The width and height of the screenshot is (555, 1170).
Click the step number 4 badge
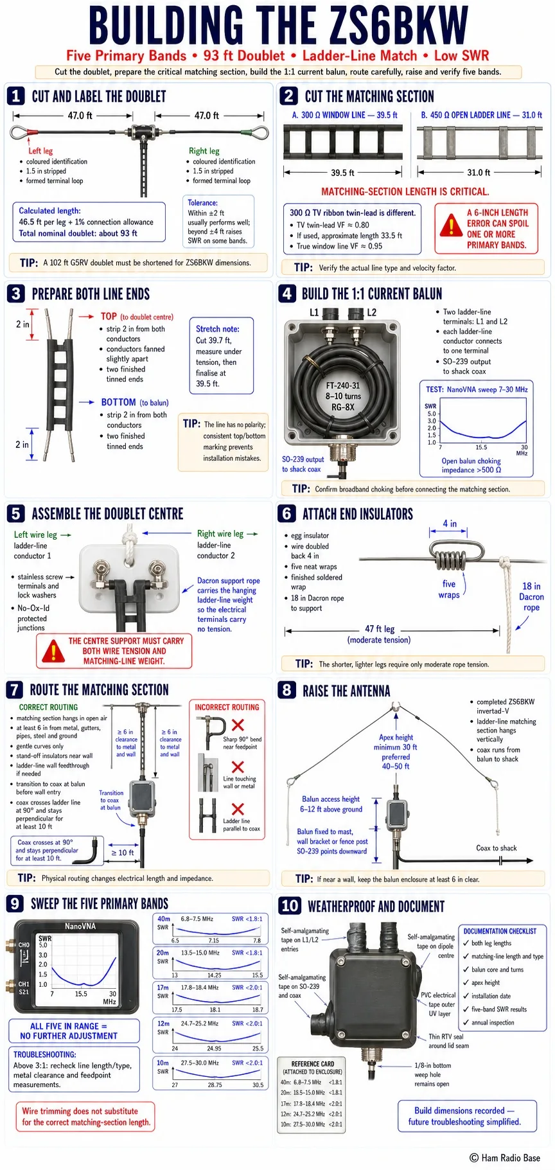pyautogui.click(x=287, y=294)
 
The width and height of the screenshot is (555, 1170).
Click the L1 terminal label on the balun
pyautogui.click(x=314, y=312)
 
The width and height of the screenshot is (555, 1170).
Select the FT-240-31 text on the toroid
pyautogui.click(x=343, y=386)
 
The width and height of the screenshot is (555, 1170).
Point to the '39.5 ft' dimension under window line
pyautogui.click(x=343, y=173)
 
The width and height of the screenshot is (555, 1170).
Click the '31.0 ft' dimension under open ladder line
pyautogui.click(x=479, y=172)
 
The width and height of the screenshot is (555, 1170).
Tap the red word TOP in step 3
pyautogui.click(x=109, y=316)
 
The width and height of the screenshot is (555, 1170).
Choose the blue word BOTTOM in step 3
pyautogui.click(x=118, y=402)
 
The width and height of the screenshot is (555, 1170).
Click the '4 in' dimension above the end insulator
pyautogui.click(x=450, y=524)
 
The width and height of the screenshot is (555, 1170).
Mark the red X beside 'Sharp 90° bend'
pyautogui.click(x=238, y=725)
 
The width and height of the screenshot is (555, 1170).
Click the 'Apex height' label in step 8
pyautogui.click(x=396, y=737)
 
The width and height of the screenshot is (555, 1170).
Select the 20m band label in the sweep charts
pyautogui.click(x=163, y=952)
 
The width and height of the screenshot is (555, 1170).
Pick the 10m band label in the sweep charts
pyautogui.click(x=163, y=1063)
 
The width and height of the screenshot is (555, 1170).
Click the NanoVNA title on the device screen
pyautogui.click(x=80, y=926)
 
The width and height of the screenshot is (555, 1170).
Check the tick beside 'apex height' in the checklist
pyautogui.click(x=466, y=982)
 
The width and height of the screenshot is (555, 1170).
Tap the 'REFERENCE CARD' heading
pyautogui.click(x=313, y=1064)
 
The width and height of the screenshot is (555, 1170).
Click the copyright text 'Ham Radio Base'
pyautogui.click(x=510, y=1157)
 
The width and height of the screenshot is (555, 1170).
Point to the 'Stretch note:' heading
pyautogui.click(x=218, y=328)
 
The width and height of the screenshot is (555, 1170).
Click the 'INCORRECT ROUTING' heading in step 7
pyautogui.click(x=227, y=707)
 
